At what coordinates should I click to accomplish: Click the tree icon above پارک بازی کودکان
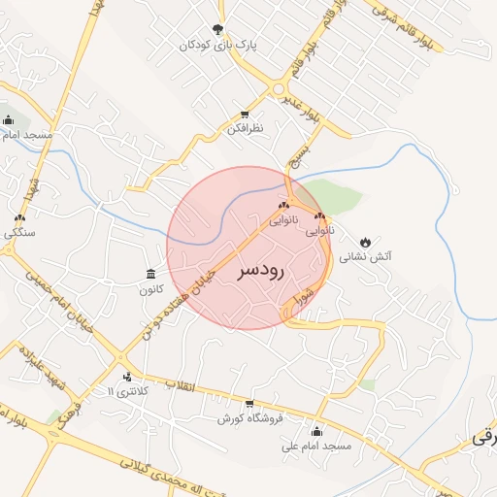point(217,29)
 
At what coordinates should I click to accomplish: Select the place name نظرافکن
point(245,128)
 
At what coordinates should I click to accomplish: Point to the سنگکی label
point(19,233)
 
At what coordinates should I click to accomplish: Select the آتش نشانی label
point(375,256)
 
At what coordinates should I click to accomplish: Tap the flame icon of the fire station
point(365,241)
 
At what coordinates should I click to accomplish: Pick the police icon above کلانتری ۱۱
point(126,376)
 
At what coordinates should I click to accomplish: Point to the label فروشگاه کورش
point(248,418)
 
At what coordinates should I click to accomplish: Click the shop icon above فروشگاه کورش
point(249,404)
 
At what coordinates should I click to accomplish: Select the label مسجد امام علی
point(315,446)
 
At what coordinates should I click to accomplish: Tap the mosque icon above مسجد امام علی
point(316,431)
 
